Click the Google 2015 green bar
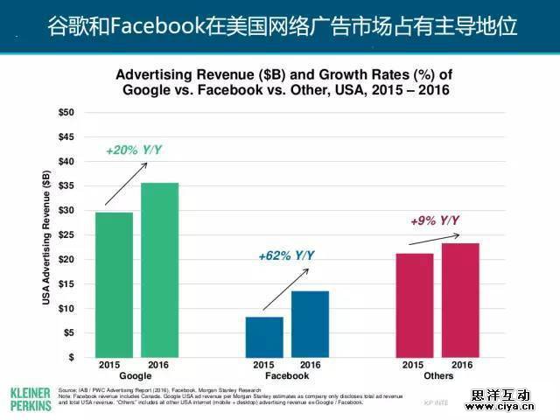[115, 284]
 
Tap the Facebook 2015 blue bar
[264, 337]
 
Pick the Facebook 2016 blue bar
[310, 324]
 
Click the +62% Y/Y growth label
[286, 256]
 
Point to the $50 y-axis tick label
[66, 113]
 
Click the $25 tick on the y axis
[66, 235]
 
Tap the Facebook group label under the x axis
[287, 376]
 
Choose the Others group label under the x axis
[437, 376]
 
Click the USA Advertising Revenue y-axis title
[46, 236]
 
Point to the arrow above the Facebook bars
[295, 281]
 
